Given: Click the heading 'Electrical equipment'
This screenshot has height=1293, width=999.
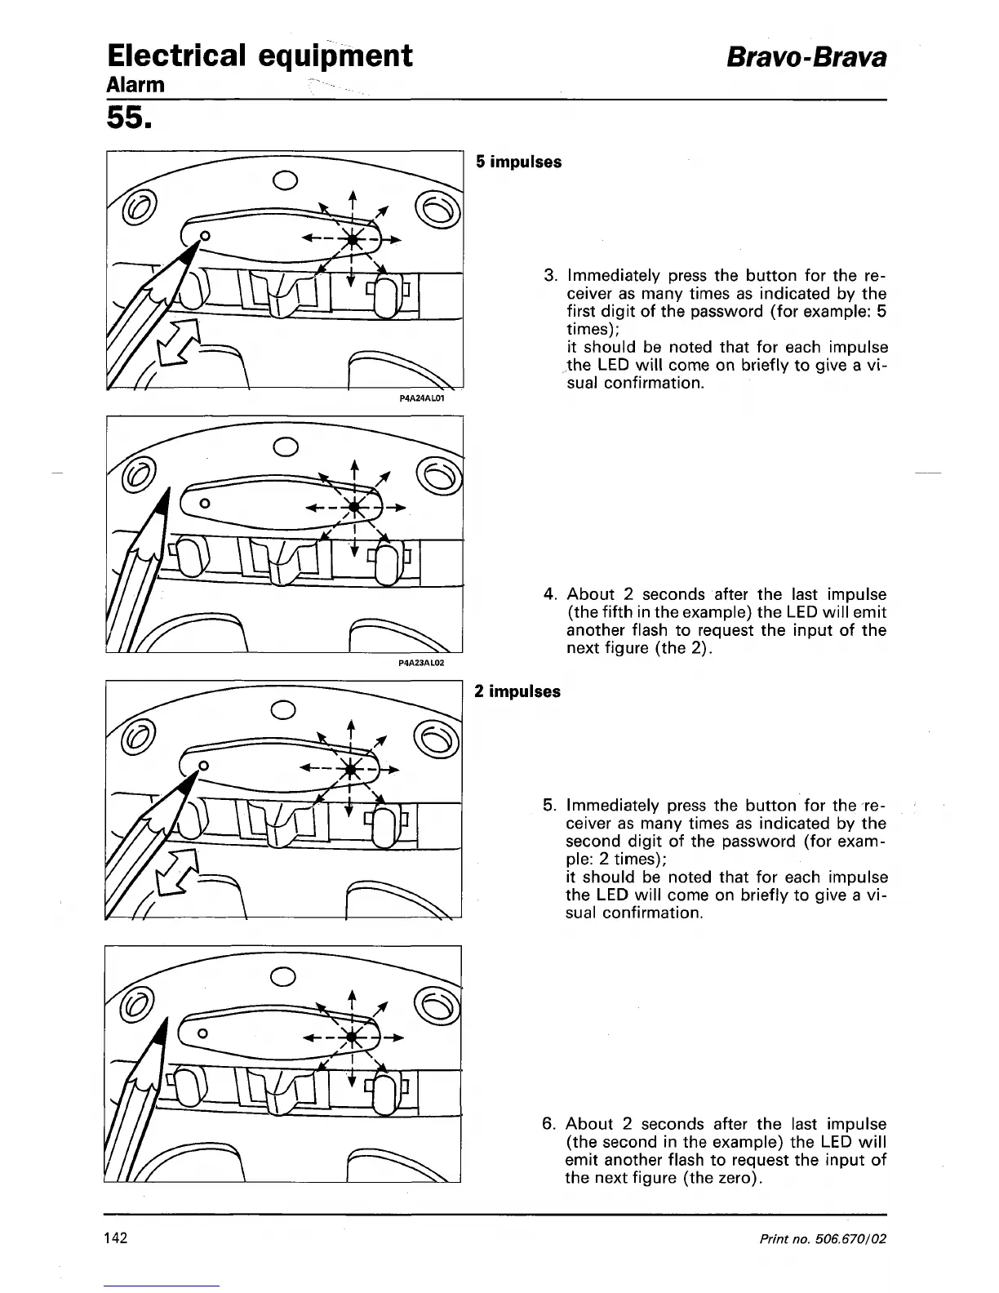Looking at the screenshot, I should [x=260, y=56].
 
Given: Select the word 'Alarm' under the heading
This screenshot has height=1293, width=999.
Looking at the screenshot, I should [x=135, y=85].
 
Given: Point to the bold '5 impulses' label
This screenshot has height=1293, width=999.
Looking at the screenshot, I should [x=519, y=162].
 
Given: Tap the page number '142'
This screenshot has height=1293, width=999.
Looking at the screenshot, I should [x=116, y=1238].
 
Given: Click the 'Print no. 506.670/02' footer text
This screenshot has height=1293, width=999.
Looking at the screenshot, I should [x=823, y=1238].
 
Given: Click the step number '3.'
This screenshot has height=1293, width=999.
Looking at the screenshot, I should [x=550, y=275].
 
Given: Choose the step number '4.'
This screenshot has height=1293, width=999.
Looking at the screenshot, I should [x=550, y=594].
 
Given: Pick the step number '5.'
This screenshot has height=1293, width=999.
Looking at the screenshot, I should [x=550, y=806].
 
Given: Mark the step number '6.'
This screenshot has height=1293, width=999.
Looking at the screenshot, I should [x=550, y=1124].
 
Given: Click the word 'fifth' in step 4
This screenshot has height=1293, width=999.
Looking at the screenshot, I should [x=628, y=612].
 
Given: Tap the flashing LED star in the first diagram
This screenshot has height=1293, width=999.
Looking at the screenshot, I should [x=352, y=239].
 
